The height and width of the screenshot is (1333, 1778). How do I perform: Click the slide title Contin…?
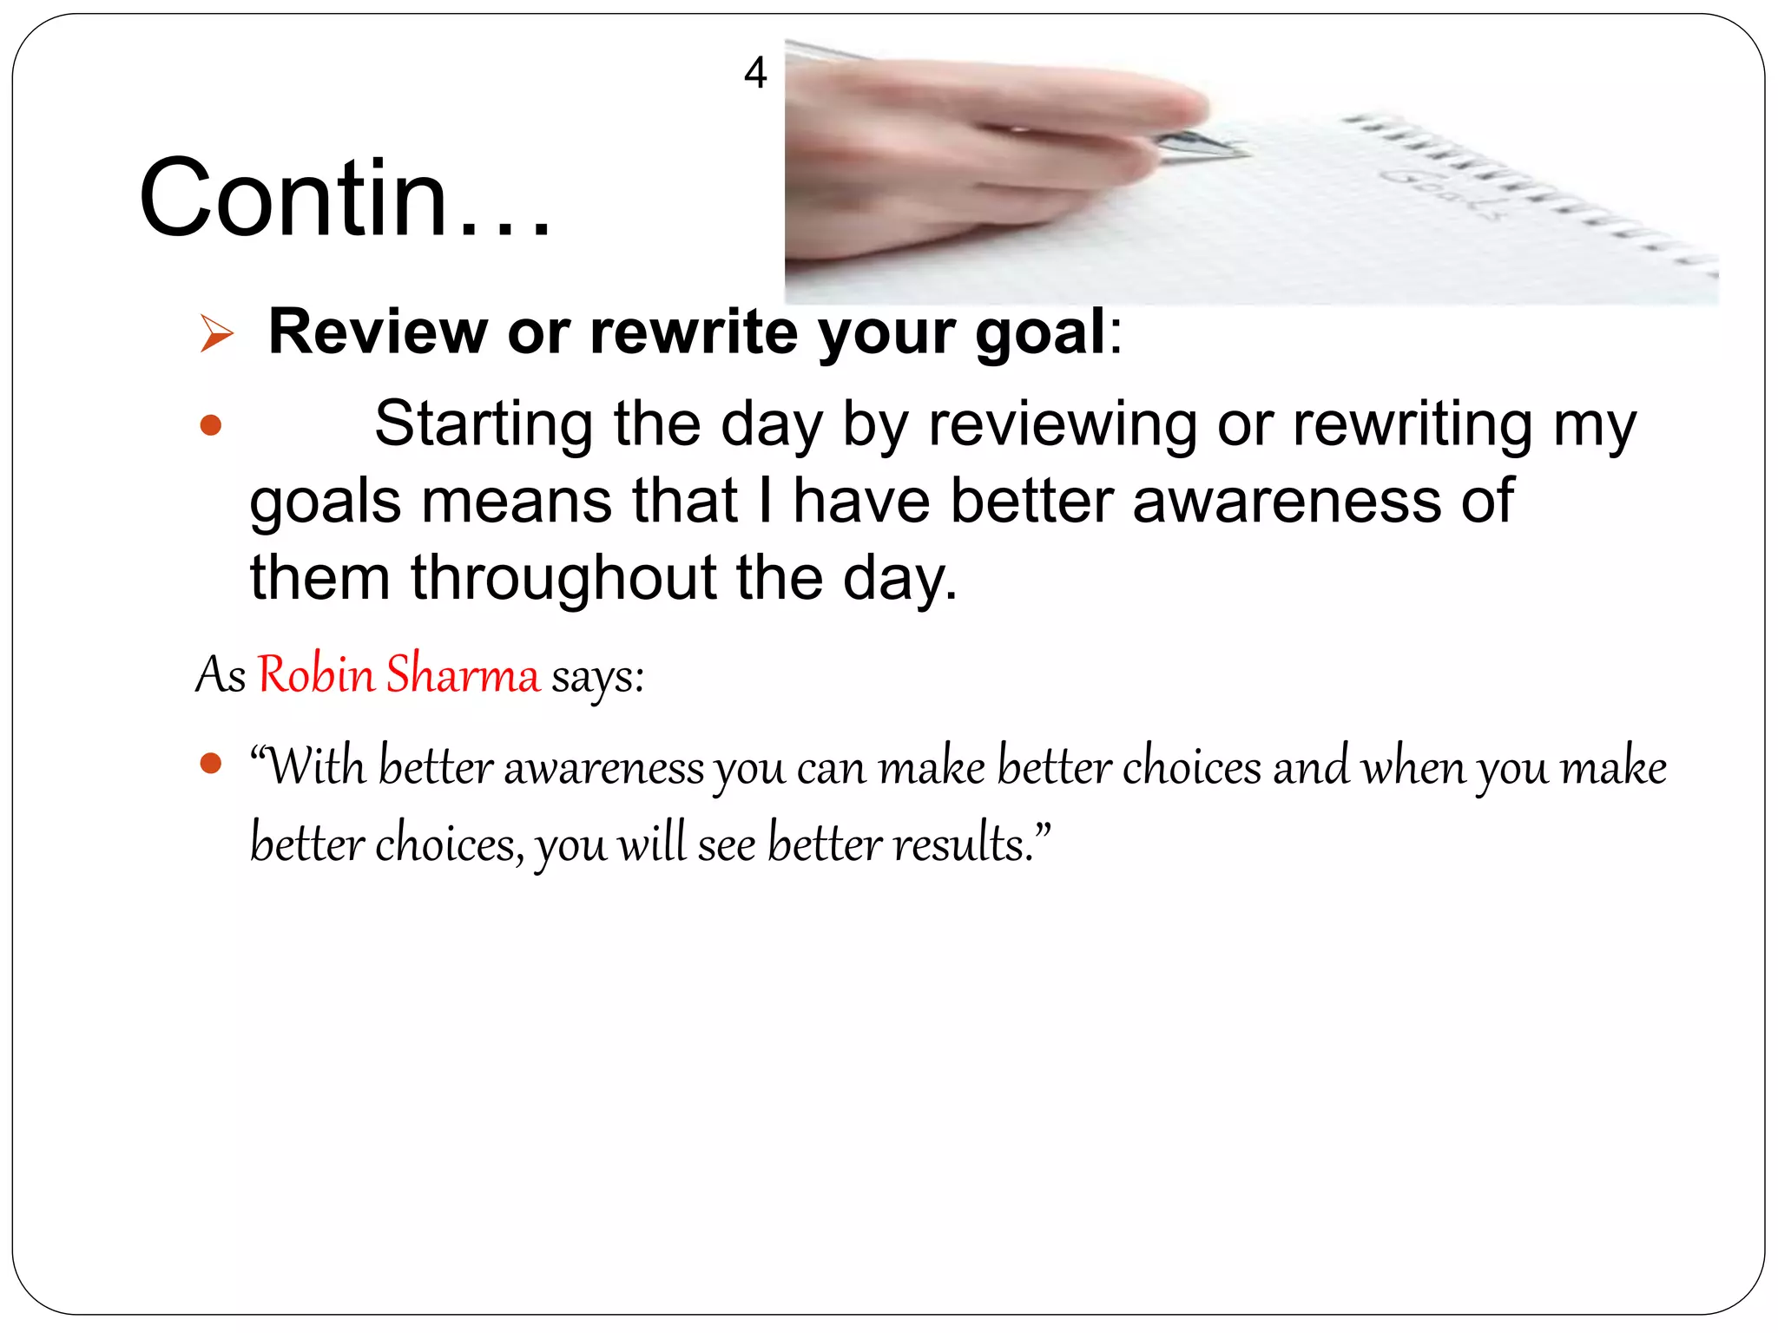[x=345, y=198]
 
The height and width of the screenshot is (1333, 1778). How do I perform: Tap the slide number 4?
[x=755, y=73]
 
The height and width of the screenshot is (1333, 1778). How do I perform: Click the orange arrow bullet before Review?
[x=216, y=334]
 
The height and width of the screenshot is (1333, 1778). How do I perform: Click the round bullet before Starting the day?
[x=210, y=425]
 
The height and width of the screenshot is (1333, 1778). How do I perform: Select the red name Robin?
[x=316, y=674]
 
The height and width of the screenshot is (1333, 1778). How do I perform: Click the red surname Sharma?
[x=463, y=674]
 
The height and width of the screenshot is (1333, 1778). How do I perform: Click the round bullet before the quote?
[x=210, y=764]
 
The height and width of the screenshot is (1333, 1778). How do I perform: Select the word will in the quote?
[x=651, y=843]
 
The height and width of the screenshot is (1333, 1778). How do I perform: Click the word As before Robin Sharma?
[x=221, y=675]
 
